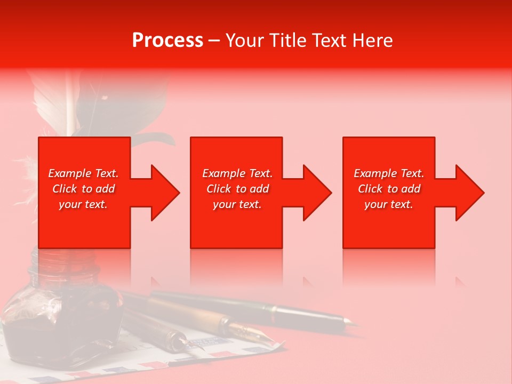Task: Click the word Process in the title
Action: [167, 41]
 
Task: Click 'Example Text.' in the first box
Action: [84, 173]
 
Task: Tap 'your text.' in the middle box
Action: [237, 204]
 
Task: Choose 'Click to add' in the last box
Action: [389, 189]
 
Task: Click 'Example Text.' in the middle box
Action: [237, 173]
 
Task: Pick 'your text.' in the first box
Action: [84, 204]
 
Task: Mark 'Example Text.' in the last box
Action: [389, 173]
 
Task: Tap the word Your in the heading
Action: [243, 41]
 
